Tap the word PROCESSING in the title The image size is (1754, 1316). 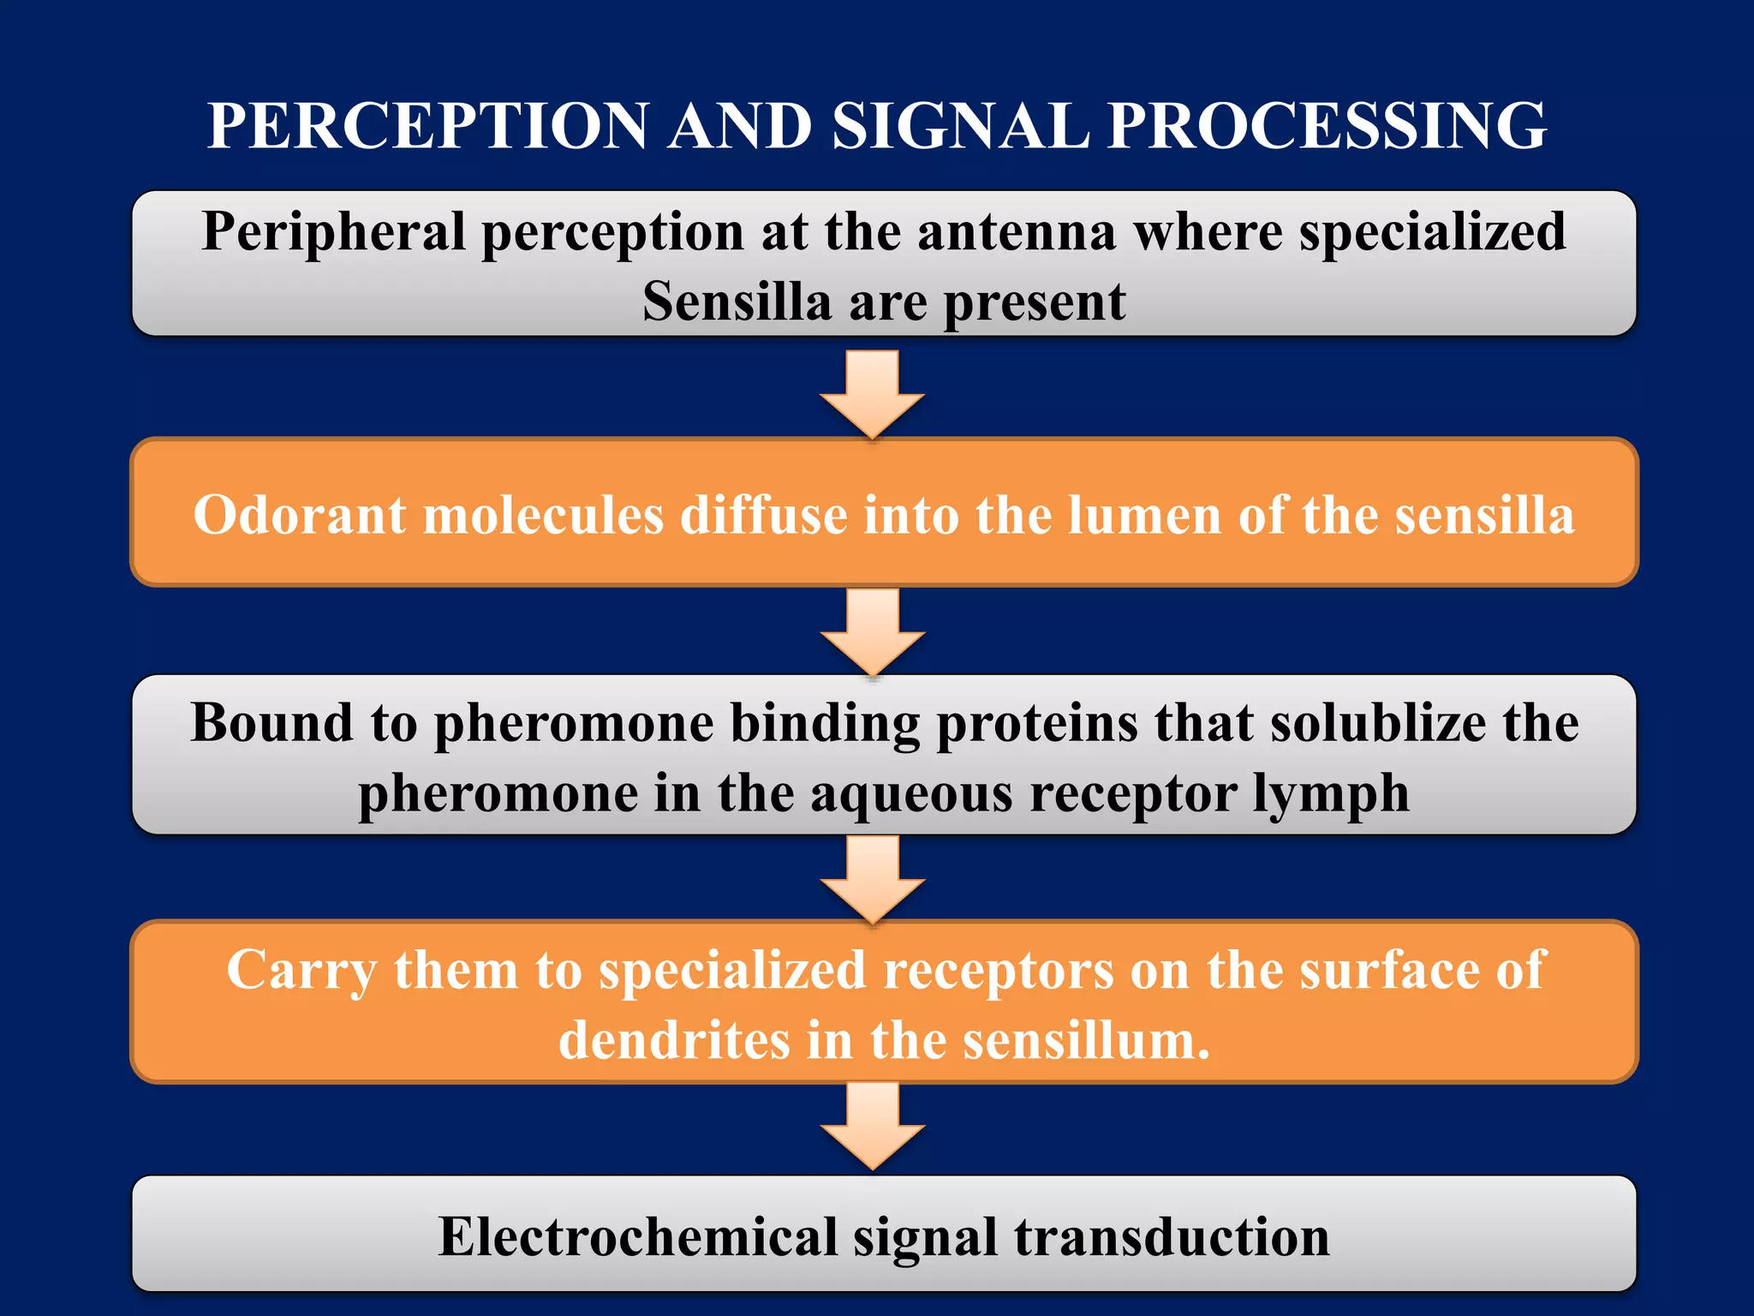pyautogui.click(x=1327, y=126)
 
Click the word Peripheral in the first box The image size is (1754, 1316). pyautogui.click(x=333, y=232)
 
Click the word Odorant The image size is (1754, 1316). pyautogui.click(x=299, y=515)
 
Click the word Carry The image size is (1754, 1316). pyautogui.click(x=301, y=972)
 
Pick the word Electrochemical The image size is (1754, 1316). pyautogui.click(x=637, y=1237)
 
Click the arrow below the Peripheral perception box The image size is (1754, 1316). pyautogui.click(x=873, y=393)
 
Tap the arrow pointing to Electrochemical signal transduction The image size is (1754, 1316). pyautogui.click(x=873, y=1125)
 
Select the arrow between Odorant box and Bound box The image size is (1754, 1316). pyautogui.click(x=873, y=631)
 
